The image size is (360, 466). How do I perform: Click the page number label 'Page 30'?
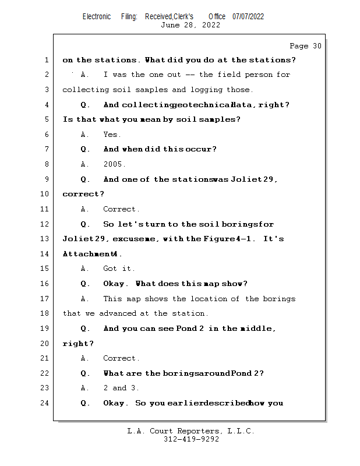[305, 46]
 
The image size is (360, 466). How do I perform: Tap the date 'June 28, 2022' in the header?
[190, 25]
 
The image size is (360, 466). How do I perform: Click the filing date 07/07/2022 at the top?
[248, 16]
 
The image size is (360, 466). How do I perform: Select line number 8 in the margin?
[46, 164]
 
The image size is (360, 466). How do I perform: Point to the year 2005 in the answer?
[114, 164]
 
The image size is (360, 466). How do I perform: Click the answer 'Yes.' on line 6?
[112, 135]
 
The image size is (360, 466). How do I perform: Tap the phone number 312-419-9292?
[191, 439]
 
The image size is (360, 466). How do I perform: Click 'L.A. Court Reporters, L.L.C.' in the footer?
[191, 431]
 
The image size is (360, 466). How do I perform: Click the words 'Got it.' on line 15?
[119, 269]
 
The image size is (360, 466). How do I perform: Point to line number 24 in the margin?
[44, 403]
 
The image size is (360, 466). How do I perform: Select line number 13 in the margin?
[44, 239]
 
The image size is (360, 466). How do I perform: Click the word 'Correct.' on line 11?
[121, 209]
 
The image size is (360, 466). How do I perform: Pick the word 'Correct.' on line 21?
[121, 358]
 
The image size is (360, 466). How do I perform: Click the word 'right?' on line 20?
[78, 344]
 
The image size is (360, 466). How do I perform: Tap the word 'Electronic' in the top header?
[97, 16]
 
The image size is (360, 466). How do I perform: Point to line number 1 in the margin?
[46, 60]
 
